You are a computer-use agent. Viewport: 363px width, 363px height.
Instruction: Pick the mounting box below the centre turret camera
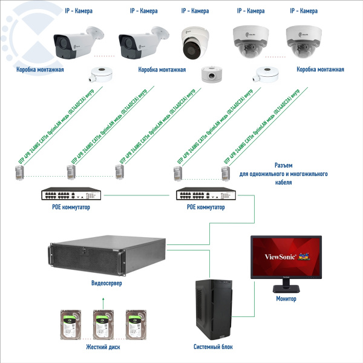click(212, 75)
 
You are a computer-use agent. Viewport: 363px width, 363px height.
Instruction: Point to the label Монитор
click(287, 299)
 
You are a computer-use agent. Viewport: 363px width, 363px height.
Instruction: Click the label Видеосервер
click(109, 284)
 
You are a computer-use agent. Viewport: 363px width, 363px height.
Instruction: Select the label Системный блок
click(213, 347)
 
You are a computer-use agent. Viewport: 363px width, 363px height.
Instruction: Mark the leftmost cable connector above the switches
click(19, 173)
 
